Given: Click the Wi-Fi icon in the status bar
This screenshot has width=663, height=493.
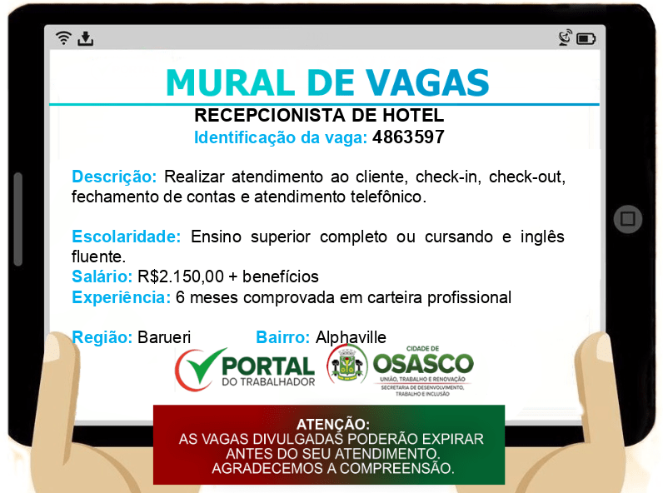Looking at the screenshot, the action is (63, 38).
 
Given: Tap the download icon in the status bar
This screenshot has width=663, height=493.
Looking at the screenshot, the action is (86, 38).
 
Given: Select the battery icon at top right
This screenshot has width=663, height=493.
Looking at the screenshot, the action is (586, 39).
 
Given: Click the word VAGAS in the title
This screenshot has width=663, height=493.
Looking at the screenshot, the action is (427, 82).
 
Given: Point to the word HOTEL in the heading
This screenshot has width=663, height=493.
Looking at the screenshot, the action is (413, 116).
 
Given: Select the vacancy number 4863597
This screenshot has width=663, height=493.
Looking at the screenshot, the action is (408, 137).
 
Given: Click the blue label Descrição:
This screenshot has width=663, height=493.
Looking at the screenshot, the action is (114, 177).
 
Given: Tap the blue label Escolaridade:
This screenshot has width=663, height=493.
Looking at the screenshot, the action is (127, 237).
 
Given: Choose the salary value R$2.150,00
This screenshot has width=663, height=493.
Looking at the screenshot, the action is (181, 276).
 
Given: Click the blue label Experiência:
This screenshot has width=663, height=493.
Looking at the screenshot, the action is (122, 297).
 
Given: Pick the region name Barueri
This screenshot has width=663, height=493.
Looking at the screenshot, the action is (164, 337).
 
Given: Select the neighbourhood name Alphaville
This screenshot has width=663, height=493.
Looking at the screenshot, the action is (351, 337).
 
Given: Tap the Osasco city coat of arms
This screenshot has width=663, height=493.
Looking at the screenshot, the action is (346, 364).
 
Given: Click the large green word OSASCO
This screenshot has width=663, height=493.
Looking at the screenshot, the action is (423, 364).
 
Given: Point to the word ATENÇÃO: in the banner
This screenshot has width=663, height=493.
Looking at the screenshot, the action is (333, 424).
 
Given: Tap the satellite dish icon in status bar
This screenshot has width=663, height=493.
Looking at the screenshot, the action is (566, 37).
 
